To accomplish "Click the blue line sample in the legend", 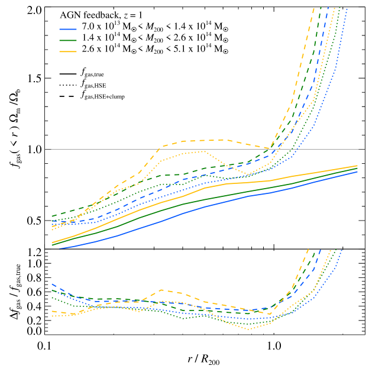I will click(68, 29).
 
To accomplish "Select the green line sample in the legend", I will click(68, 41).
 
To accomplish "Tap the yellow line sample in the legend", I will click(68, 52).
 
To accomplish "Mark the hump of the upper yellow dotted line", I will click(201, 151).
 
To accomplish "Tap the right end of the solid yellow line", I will click(357, 166).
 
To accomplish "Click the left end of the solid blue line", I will click(59, 248).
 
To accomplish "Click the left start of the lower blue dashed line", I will click(53, 284).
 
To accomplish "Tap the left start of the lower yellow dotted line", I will click(53, 316).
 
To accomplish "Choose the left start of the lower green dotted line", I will click(53, 297).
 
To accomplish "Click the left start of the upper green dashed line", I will click(53, 216).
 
